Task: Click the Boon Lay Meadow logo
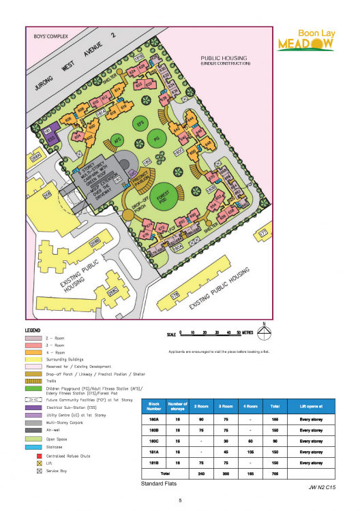(305, 40)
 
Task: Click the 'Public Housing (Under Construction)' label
(225, 61)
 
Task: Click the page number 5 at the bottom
(180, 501)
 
